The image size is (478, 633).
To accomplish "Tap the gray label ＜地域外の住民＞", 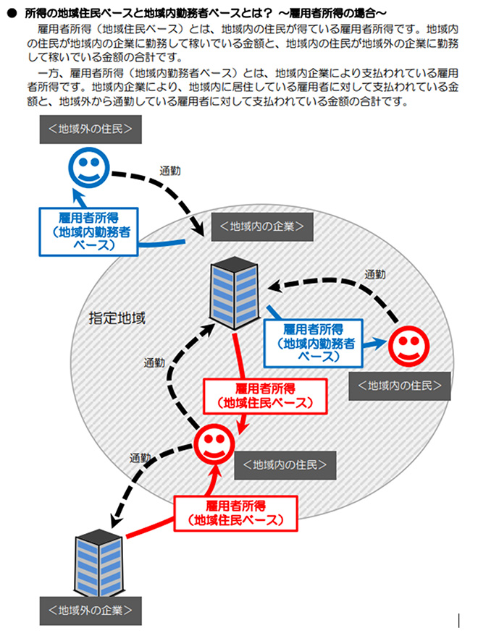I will [91, 130].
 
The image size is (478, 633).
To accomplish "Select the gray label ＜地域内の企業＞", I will [261, 227].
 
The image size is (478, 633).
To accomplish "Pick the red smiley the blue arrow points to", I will [408, 347].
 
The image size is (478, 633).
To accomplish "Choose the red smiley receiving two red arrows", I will [215, 444].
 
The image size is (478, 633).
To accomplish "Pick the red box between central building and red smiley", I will [264, 395].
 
